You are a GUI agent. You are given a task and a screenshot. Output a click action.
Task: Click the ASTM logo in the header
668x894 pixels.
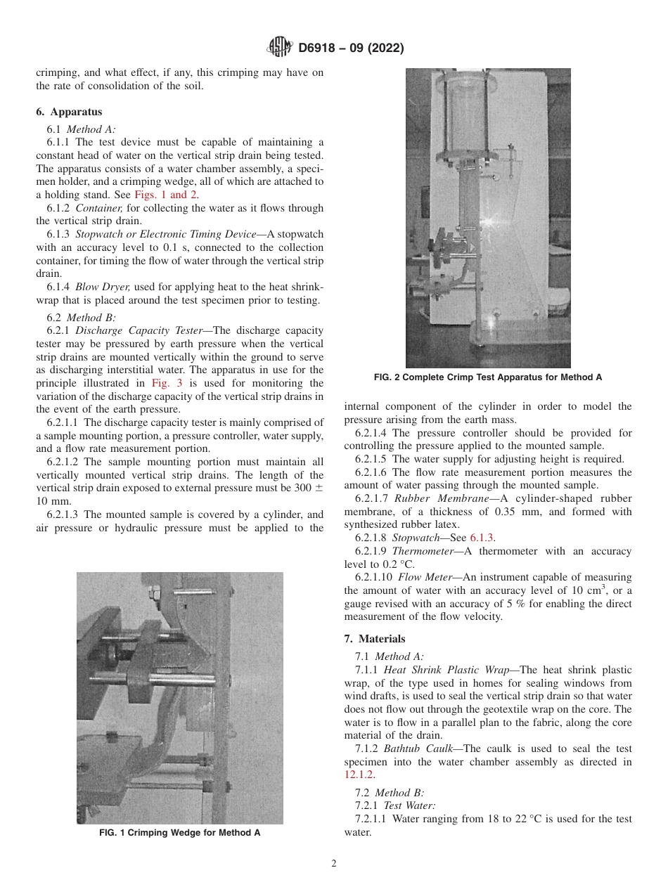pos(280,48)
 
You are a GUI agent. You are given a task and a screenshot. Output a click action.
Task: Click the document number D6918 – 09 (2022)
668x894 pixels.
pos(350,48)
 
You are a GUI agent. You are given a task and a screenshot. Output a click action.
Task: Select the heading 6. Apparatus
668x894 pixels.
pos(69,112)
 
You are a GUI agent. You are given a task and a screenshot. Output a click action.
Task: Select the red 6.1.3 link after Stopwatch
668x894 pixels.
pos(482,538)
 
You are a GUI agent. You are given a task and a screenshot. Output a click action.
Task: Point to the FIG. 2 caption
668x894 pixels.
pos(488,377)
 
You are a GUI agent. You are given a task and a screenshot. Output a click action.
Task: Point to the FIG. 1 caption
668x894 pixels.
pos(179,833)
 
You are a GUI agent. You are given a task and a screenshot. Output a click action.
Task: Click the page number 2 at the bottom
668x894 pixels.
pos(334,864)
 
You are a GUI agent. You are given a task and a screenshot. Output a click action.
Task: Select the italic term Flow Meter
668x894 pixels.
pos(425,577)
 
